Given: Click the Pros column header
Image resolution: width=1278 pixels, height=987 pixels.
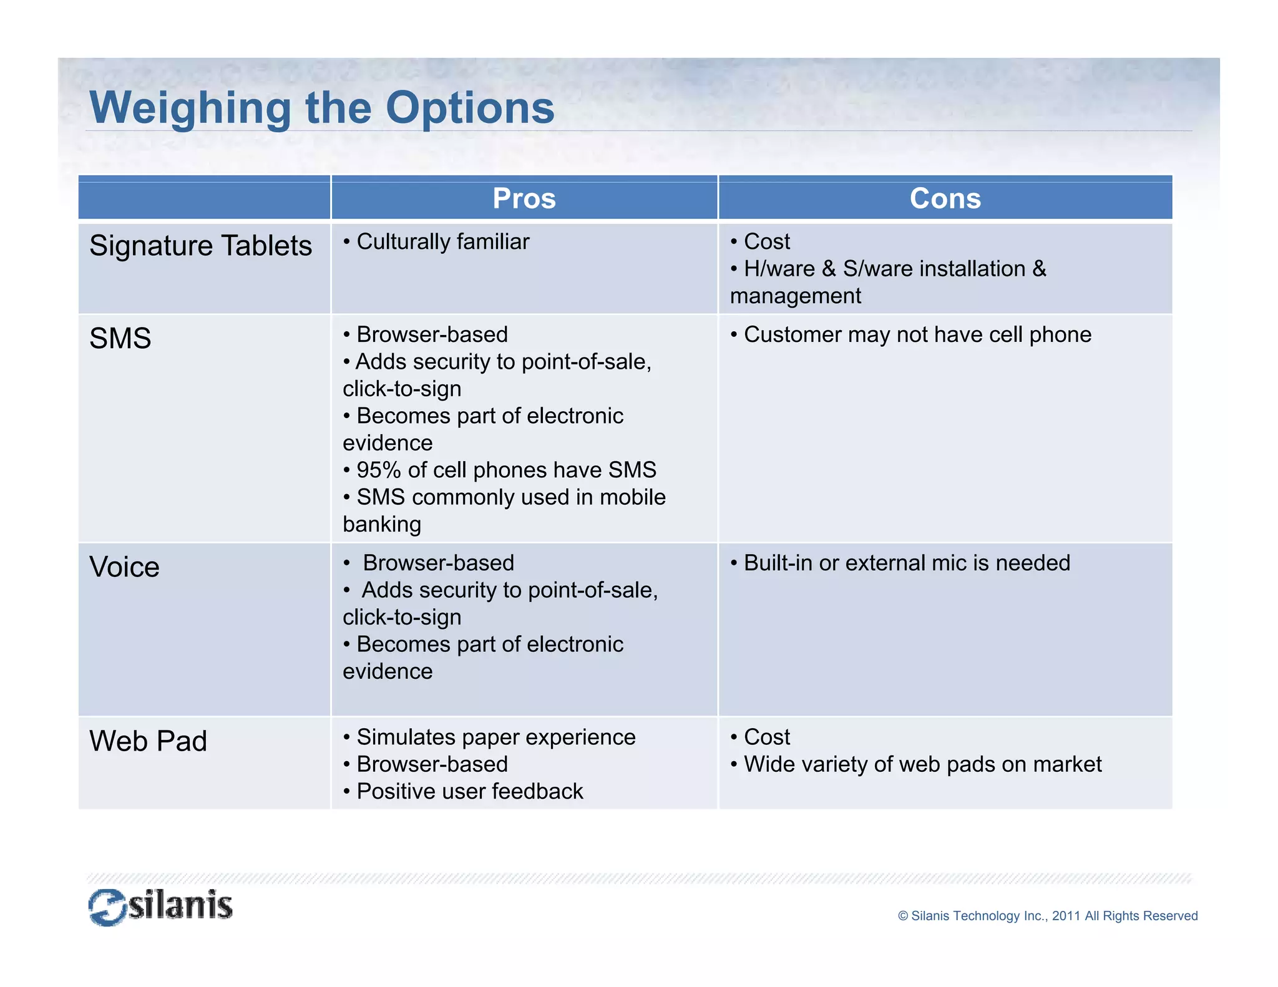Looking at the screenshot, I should (524, 198).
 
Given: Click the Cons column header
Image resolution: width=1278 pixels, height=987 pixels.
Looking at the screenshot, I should (945, 198).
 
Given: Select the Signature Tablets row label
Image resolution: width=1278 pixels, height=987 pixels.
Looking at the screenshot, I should (200, 245).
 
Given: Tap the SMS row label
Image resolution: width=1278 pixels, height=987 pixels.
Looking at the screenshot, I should (120, 338).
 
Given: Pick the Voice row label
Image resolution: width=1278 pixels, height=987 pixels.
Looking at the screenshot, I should (124, 567).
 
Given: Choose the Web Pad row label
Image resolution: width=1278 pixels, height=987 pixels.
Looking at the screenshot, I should (148, 741).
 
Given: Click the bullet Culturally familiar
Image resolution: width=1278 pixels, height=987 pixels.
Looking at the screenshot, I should (442, 241).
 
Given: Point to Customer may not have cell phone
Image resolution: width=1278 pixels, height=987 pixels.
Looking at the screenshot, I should (917, 334).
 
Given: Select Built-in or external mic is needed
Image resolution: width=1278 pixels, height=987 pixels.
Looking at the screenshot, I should (906, 563).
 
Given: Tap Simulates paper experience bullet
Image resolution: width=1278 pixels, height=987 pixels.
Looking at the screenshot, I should (495, 737).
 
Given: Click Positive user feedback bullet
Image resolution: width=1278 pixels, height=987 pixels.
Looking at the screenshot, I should (469, 791).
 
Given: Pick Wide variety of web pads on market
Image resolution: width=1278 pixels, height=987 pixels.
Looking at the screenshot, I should (922, 764).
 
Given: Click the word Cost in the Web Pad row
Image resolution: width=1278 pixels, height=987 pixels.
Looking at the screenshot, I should (766, 737).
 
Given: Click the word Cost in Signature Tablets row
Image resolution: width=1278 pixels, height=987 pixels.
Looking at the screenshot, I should (766, 241).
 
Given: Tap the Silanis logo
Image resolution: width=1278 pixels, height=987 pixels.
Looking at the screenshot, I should (160, 906).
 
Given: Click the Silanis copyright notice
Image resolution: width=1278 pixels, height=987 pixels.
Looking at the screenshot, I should (1047, 916).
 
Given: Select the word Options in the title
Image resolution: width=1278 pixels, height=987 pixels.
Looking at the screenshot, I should (469, 108).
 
